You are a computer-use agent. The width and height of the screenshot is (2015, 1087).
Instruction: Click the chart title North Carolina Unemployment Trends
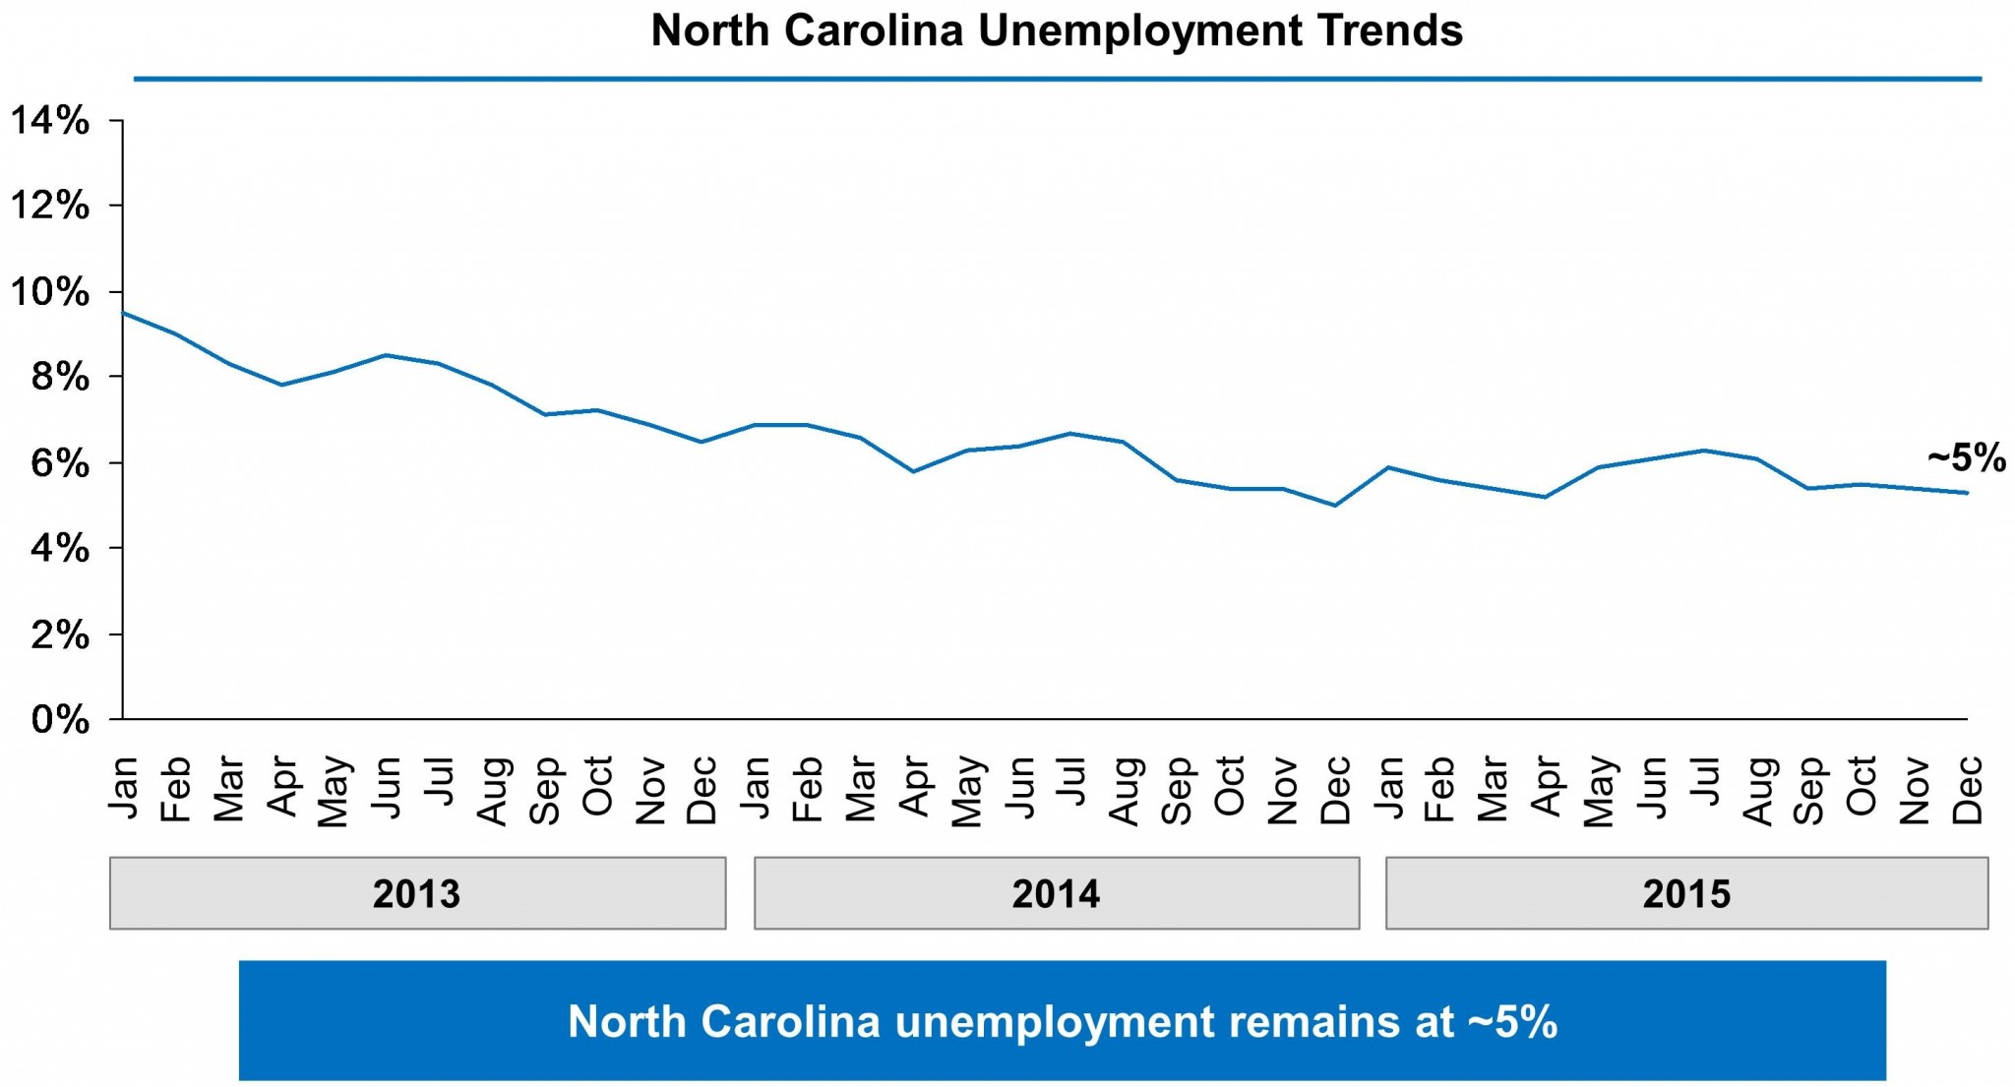click(1057, 31)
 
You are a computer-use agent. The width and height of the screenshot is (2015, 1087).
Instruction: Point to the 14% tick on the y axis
click(50, 121)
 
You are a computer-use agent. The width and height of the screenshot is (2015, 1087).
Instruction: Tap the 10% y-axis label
click(50, 292)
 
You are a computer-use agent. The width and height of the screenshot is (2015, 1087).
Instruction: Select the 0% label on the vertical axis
click(60, 720)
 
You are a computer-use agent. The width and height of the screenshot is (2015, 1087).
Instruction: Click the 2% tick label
click(60, 634)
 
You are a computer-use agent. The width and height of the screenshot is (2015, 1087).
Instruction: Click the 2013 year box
click(417, 893)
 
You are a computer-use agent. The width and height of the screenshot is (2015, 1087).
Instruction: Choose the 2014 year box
click(1057, 893)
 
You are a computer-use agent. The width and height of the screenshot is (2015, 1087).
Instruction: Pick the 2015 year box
click(1686, 893)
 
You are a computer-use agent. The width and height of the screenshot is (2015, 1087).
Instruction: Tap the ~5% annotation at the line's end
click(1966, 457)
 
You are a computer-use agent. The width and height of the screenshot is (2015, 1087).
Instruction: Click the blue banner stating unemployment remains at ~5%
click(1062, 1021)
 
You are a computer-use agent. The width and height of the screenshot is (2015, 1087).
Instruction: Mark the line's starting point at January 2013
click(123, 313)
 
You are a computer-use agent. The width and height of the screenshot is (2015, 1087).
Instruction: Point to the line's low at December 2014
click(1334, 506)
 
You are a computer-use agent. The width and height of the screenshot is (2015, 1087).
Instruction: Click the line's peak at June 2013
click(387, 355)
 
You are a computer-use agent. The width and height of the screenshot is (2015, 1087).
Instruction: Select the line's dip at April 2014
click(914, 471)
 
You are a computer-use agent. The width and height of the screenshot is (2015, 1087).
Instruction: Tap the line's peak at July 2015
click(1703, 451)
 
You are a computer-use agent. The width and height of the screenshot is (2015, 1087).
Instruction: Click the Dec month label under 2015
click(1966, 790)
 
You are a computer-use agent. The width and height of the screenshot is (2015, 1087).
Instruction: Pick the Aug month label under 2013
click(492, 790)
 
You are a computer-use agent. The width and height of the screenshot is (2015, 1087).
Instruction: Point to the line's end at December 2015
click(1966, 493)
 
